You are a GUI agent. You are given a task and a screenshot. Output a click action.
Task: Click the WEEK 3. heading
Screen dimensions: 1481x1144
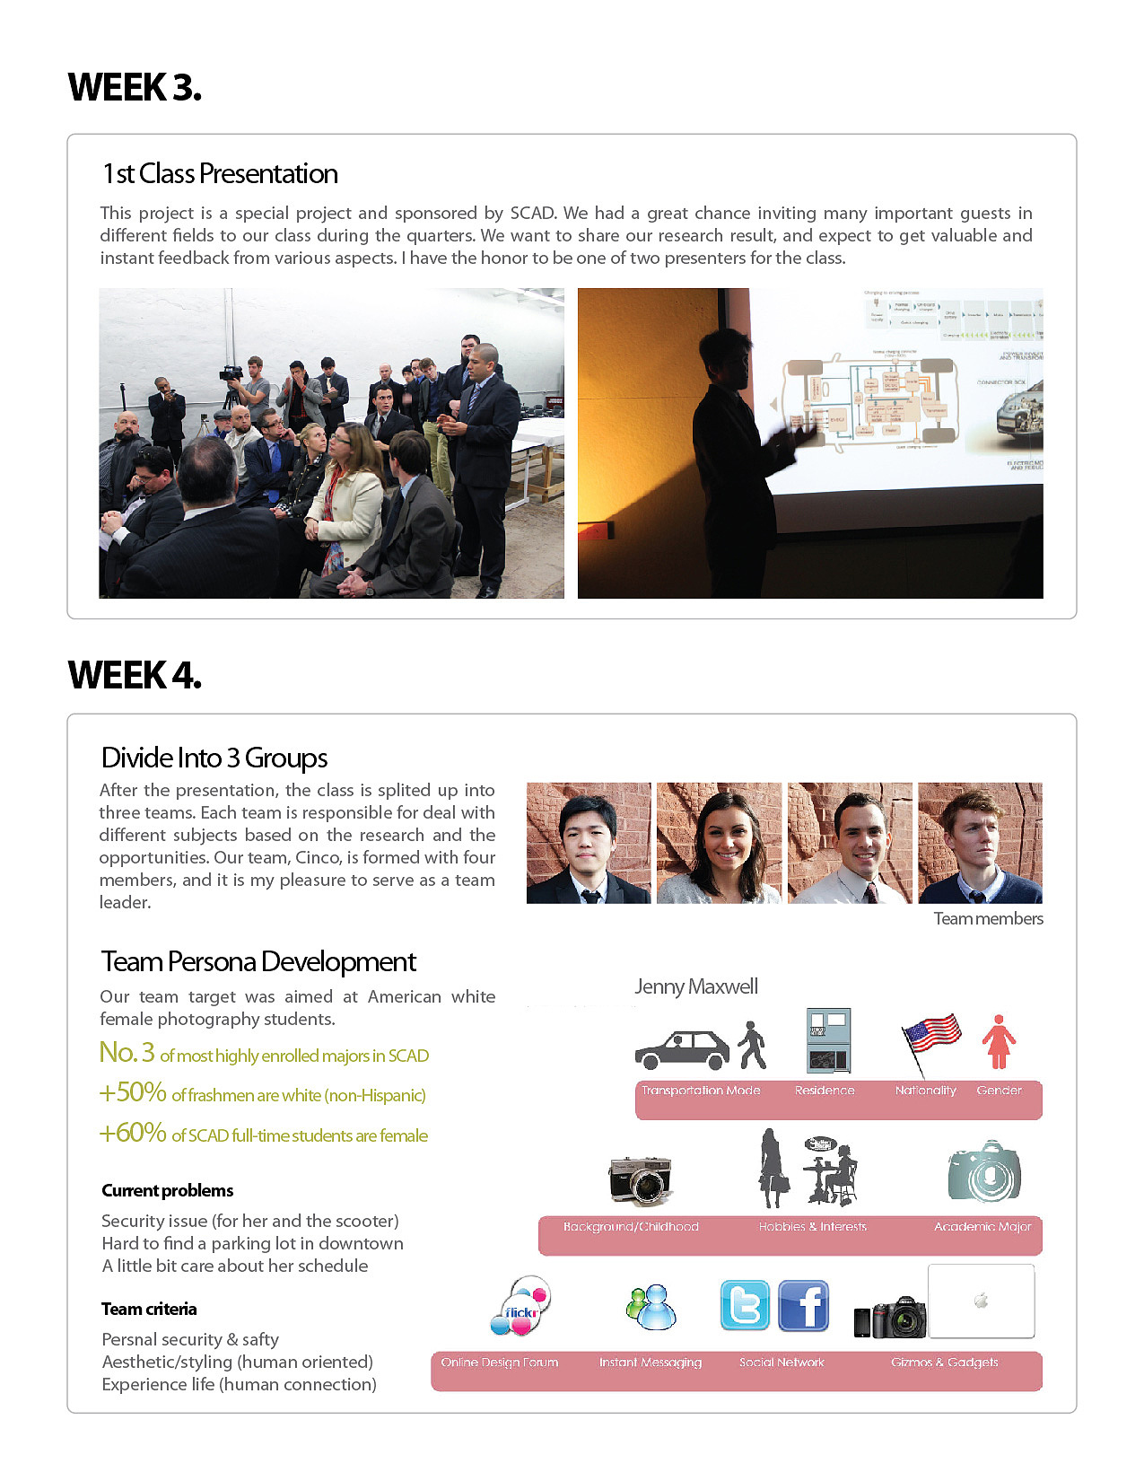pos(135,88)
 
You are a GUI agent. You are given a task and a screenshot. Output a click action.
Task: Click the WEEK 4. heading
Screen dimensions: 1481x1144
pos(135,675)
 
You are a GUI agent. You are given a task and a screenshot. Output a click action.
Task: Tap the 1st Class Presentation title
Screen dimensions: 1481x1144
pos(220,173)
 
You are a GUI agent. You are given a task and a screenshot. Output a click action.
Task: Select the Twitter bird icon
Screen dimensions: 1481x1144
pos(745,1305)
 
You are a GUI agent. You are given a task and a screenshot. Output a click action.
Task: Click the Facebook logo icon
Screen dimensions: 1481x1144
pos(803,1305)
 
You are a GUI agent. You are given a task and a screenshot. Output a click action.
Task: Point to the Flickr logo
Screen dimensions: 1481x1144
pos(520,1306)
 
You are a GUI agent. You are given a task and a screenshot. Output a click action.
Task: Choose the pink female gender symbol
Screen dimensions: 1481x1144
pos(998,1042)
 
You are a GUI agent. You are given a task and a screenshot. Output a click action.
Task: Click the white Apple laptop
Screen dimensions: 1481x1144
pos(981,1301)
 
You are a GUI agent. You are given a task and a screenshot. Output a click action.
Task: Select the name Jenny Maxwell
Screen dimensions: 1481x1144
pos(696,986)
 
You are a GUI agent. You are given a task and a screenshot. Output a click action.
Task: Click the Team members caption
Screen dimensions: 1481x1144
pos(988,918)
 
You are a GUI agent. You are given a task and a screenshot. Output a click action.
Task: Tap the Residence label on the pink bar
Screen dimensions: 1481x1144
pos(825,1091)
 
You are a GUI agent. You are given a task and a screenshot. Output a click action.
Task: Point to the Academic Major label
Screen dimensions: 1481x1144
pos(982,1227)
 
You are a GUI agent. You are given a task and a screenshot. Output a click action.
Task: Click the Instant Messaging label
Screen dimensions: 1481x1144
pos(651,1363)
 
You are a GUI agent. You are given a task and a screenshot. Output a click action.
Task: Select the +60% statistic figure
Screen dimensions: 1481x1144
pos(133,1133)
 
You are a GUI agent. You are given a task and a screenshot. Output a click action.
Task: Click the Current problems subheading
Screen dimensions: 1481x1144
pos(168,1190)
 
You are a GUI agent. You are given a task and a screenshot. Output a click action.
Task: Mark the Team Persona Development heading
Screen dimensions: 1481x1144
pos(258,961)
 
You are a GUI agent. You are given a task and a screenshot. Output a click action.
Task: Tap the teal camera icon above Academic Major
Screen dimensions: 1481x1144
pos(984,1171)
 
